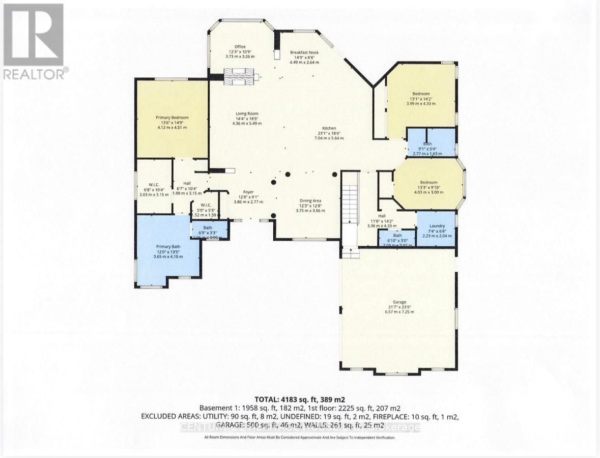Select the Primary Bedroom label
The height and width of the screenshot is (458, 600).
172,118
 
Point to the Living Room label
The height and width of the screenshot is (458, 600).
247,113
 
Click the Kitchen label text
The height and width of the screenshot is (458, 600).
329,128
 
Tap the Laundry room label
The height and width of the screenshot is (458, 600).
437,226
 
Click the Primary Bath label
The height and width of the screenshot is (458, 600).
168,247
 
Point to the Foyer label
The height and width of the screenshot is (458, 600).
248,192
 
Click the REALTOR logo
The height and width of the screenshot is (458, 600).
34,41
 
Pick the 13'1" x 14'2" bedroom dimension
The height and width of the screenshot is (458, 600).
421,99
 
